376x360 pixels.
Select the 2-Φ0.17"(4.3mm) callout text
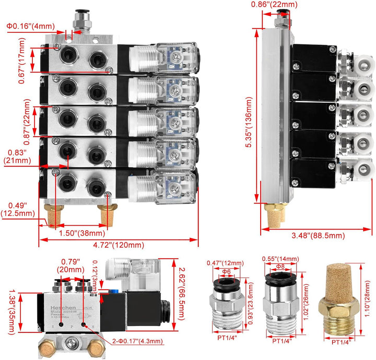pos(137,342)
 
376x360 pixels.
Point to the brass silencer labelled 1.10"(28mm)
pos(342,299)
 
